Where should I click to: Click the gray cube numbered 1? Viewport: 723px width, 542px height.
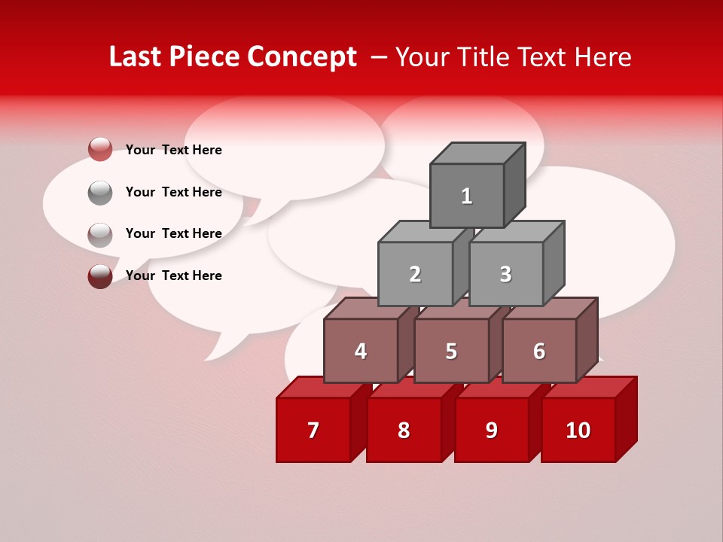pyautogui.click(x=467, y=196)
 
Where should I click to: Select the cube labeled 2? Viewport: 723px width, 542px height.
pyautogui.click(x=415, y=274)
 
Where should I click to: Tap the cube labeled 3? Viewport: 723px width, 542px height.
pyautogui.click(x=505, y=274)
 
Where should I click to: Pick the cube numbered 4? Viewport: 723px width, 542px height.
pyautogui.click(x=361, y=351)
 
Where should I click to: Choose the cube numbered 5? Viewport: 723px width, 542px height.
pyautogui.click(x=451, y=351)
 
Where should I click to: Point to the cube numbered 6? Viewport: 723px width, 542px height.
pyautogui.click(x=539, y=351)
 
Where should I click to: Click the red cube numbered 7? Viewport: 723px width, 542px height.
pyautogui.click(x=313, y=430)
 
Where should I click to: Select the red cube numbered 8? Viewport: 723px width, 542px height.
pyautogui.click(x=404, y=430)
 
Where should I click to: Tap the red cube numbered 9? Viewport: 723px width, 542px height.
pyautogui.click(x=492, y=430)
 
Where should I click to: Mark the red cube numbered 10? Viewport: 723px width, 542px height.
pyautogui.click(x=578, y=430)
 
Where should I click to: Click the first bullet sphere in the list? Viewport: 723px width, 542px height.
pyautogui.click(x=100, y=150)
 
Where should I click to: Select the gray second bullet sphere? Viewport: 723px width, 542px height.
pyautogui.click(x=100, y=192)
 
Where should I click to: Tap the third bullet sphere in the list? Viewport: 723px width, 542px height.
pyautogui.click(x=100, y=234)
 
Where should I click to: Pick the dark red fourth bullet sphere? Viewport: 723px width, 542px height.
pyautogui.click(x=100, y=276)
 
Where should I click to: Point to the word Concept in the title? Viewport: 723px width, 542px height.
pyautogui.click(x=302, y=56)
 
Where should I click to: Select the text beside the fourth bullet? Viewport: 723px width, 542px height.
pyautogui.click(x=174, y=276)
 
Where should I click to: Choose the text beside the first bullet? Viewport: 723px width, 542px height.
pyautogui.click(x=174, y=150)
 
